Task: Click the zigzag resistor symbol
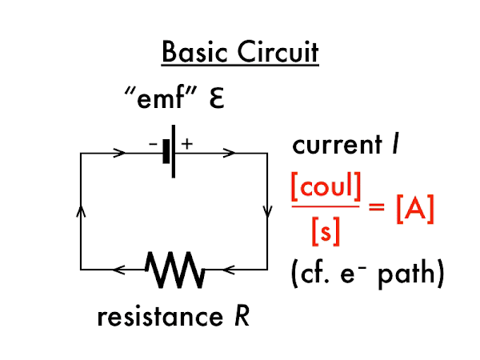click(x=175, y=270)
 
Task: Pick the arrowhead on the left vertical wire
click(x=80, y=210)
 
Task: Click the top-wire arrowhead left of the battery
click(x=120, y=152)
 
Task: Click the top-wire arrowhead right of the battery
click(x=228, y=152)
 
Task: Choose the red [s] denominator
click(x=325, y=231)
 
